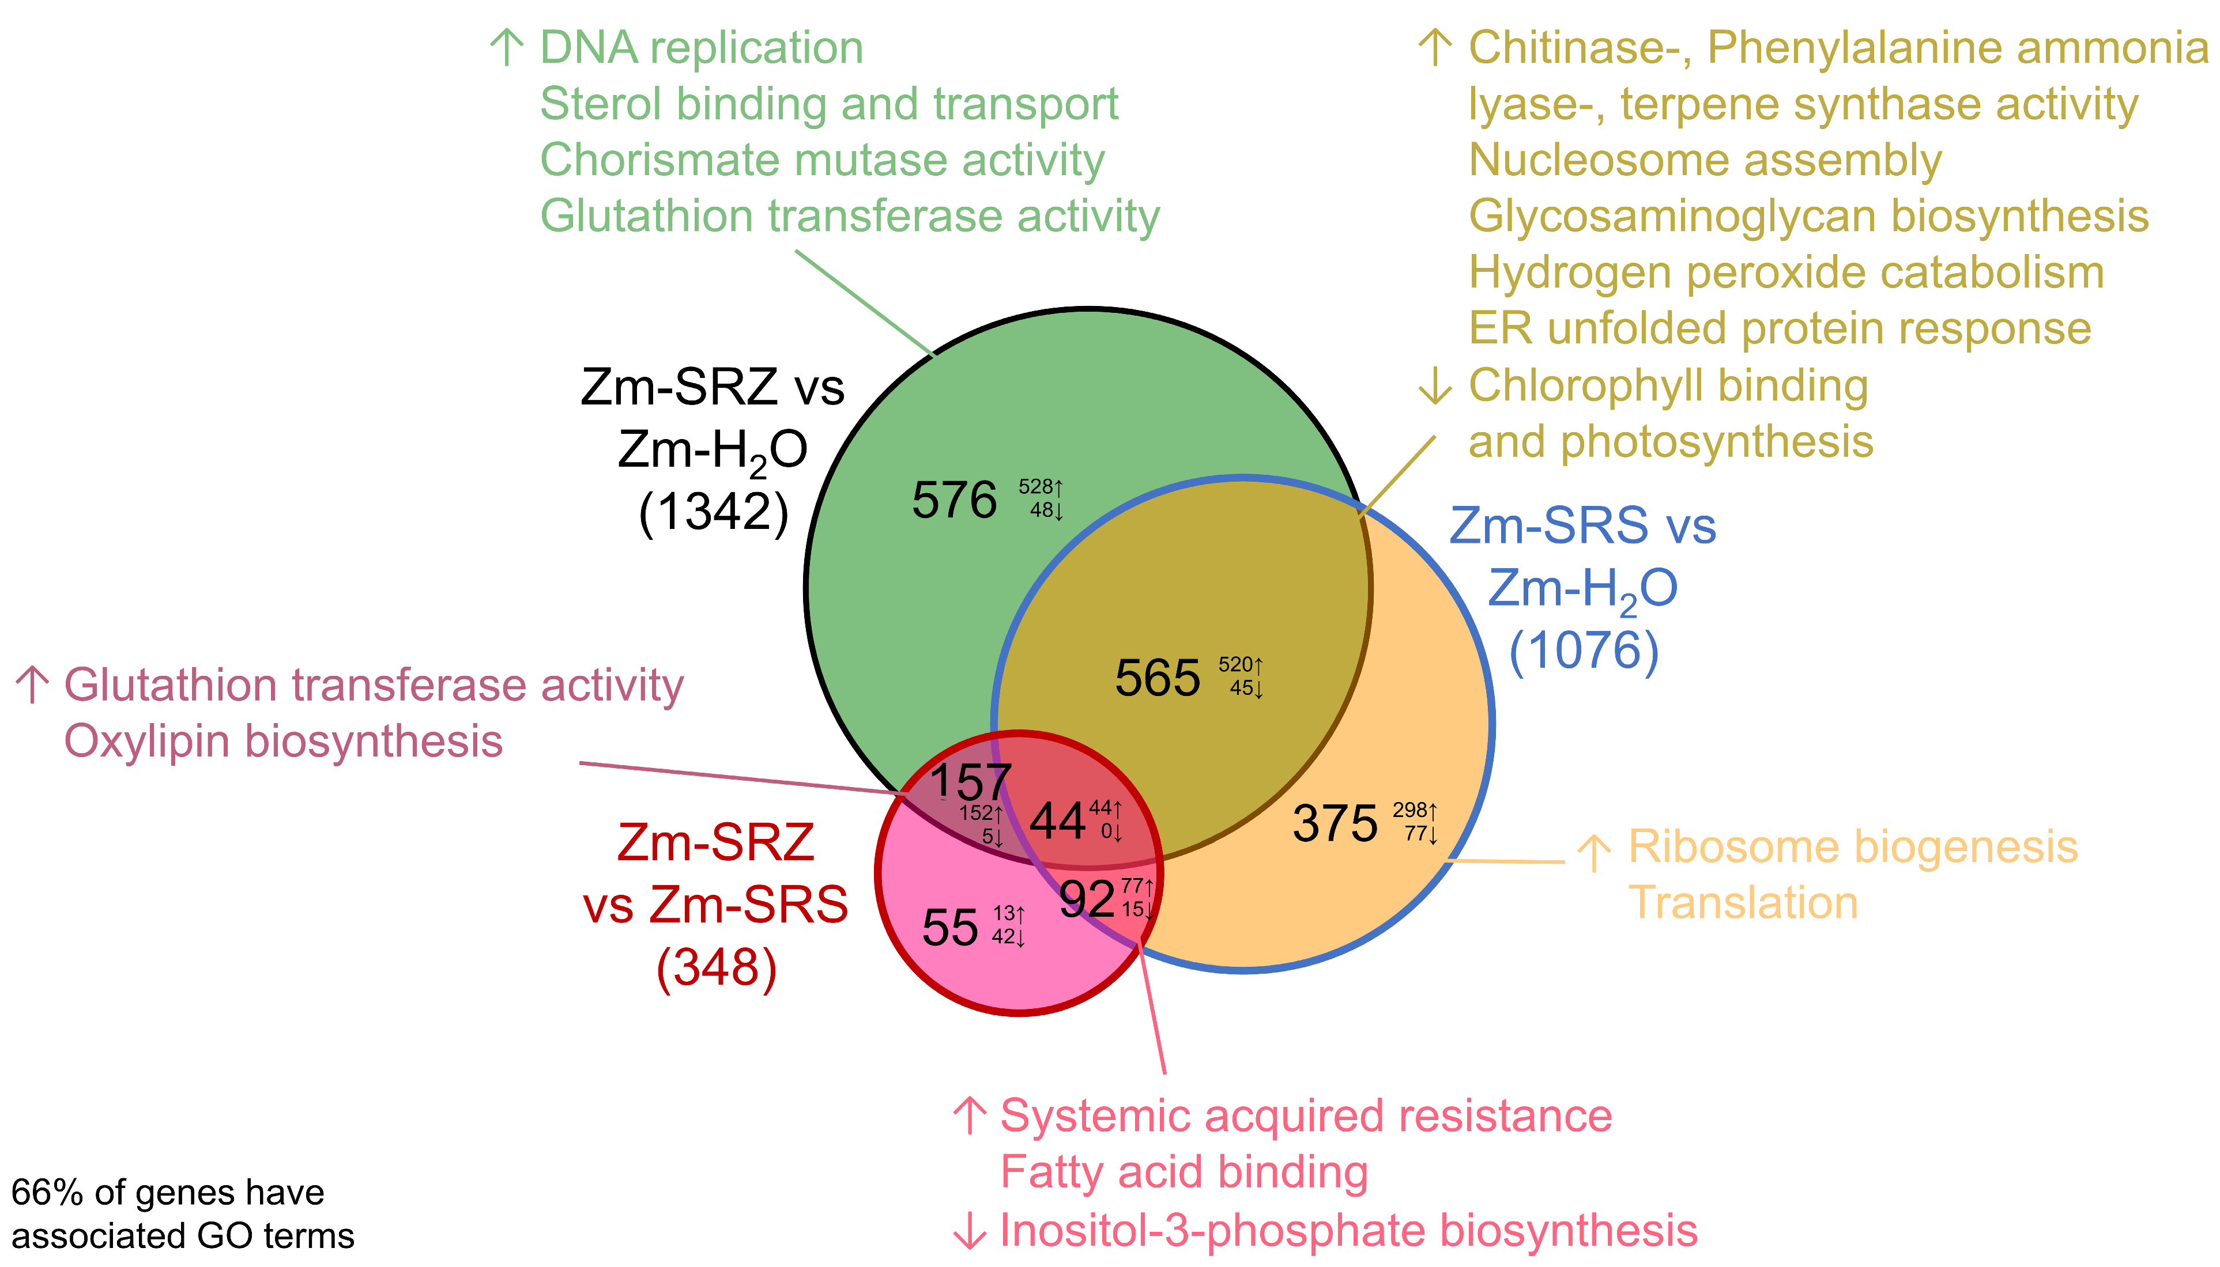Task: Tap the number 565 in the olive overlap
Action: [1157, 678]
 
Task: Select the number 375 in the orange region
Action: [1335, 823]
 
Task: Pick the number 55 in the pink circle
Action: [950, 928]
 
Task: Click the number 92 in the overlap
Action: [1087, 899]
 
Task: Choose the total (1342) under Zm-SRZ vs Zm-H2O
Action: [713, 512]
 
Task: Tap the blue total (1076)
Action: [1584, 651]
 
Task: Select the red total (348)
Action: [715, 967]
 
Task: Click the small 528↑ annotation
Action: [1041, 487]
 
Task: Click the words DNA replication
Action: [701, 48]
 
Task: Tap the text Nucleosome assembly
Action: [1705, 160]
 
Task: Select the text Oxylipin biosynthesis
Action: [283, 742]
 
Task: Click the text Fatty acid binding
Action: [1184, 1171]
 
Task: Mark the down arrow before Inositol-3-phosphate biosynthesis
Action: [969, 1231]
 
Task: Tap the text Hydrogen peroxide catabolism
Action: [1785, 273]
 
